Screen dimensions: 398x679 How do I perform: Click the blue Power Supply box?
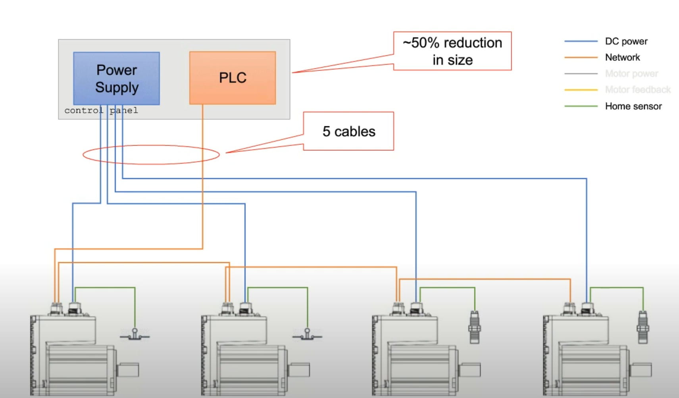pos(116,78)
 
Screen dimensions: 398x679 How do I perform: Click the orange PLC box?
pos(233,78)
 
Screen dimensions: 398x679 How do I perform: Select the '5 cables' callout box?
pos(348,131)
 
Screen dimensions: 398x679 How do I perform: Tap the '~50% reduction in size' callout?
pos(452,51)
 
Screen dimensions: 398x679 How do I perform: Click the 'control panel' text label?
pos(101,110)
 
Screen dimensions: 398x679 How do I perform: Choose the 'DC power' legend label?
pos(626,41)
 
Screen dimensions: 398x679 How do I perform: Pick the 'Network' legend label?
pos(622,58)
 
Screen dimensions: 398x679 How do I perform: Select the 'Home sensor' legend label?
pos(633,106)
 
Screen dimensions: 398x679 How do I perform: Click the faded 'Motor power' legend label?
pos(631,73)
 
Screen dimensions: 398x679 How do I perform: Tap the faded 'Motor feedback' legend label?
pos(637,90)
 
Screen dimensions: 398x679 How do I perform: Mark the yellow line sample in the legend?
pos(581,90)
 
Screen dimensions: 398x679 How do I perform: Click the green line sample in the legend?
pos(581,106)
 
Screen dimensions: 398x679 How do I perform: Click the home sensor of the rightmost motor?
pos(643,327)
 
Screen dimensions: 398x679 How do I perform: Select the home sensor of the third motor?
pos(474,327)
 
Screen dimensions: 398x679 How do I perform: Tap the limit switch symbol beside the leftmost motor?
pos(135,335)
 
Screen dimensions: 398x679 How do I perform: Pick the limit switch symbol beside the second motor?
pos(307,335)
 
